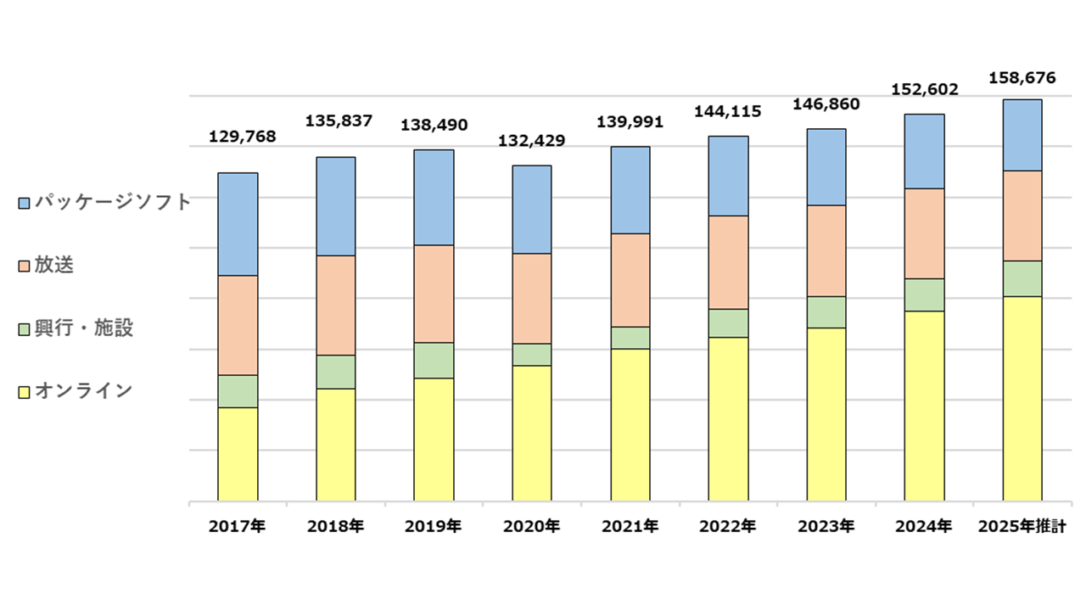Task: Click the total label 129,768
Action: [x=242, y=137]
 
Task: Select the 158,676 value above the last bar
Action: [x=1022, y=79]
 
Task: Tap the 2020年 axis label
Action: [x=531, y=526]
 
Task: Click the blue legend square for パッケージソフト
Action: [x=24, y=203]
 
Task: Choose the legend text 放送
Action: [x=53, y=265]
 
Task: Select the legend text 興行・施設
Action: [x=83, y=328]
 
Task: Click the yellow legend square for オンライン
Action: [x=24, y=391]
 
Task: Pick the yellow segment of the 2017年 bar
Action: [x=238, y=454]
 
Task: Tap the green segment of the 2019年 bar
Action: [x=434, y=361]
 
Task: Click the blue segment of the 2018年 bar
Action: [x=335, y=206]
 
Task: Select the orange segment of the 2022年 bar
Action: [x=728, y=262]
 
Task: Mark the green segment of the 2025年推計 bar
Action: [x=1022, y=278]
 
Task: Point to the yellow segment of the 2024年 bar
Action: [x=924, y=406]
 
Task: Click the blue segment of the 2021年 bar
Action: [x=630, y=190]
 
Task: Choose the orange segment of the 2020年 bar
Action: [x=531, y=299]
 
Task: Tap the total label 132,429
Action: [x=532, y=140]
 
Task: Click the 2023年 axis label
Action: [x=826, y=526]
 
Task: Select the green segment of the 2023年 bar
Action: [x=826, y=312]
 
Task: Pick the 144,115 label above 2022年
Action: [x=728, y=111]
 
